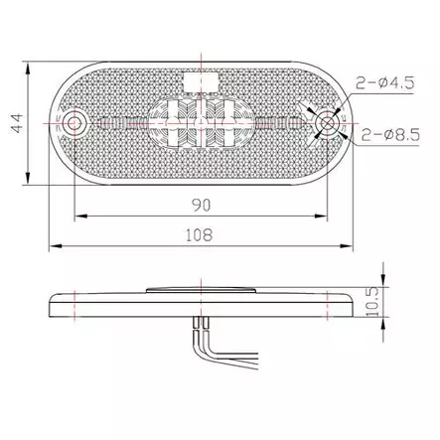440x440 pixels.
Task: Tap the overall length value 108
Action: pos(201,234)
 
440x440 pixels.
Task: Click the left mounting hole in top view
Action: pos(76,123)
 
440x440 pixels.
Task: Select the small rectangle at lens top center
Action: pos(202,75)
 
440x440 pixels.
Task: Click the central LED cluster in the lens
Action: pos(202,124)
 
